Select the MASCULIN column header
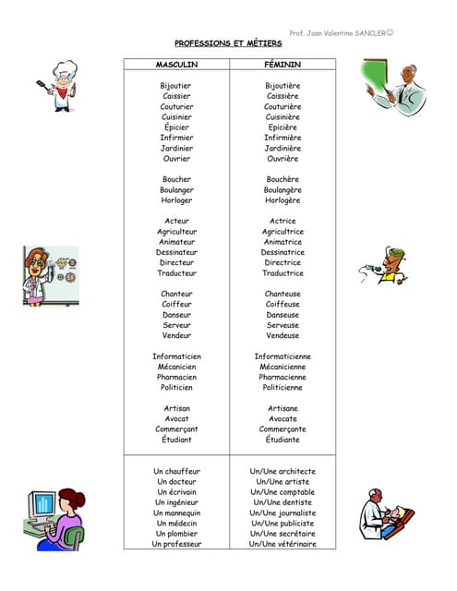(176, 64)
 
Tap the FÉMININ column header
(283, 64)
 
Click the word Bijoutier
(176, 85)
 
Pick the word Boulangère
(283, 190)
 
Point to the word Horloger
(176, 200)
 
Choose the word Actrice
(283, 222)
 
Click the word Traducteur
(176, 273)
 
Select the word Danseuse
(283, 315)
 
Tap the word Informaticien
(176, 356)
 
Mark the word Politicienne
(283, 388)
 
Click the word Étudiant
(176, 440)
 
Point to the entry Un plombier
(176, 534)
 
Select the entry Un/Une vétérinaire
(283, 544)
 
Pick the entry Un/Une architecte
(283, 471)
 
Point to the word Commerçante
(283, 429)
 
